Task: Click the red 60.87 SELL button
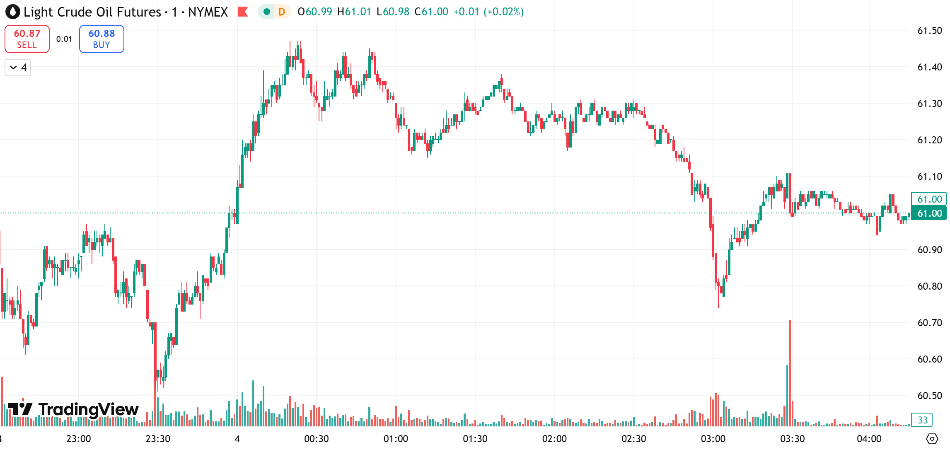click(27, 39)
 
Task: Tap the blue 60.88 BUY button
click(102, 39)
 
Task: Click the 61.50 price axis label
click(929, 31)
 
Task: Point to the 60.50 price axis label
click(929, 396)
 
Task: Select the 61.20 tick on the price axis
click(929, 140)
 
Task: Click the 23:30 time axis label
click(158, 439)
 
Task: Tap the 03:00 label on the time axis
click(713, 439)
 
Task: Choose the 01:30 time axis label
click(475, 439)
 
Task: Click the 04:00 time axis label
click(869, 439)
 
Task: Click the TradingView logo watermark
click(73, 409)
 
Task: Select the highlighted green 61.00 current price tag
click(929, 213)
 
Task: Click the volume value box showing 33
click(922, 420)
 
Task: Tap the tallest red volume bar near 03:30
click(790, 373)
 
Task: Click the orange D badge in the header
click(282, 12)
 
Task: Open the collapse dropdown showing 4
click(18, 68)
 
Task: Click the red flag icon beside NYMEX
click(243, 12)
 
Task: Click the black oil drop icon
click(13, 12)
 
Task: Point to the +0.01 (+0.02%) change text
click(488, 12)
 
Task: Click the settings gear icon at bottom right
click(932, 439)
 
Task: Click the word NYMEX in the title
click(208, 12)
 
